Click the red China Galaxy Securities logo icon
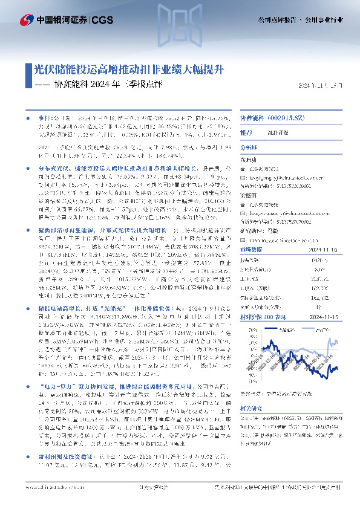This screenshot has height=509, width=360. click(25, 19)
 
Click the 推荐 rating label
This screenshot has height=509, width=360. click(246, 132)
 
